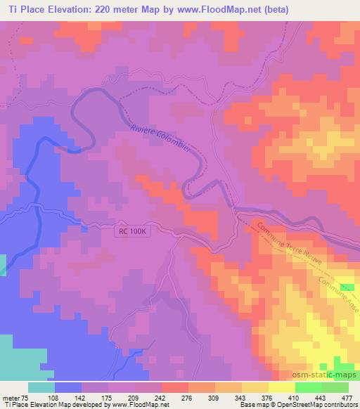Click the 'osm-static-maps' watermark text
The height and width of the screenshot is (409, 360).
coord(328,374)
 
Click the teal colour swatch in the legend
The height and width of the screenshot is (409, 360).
coord(41,387)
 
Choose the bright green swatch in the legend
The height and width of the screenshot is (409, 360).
coord(309,387)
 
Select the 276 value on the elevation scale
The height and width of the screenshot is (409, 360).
coord(188,397)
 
